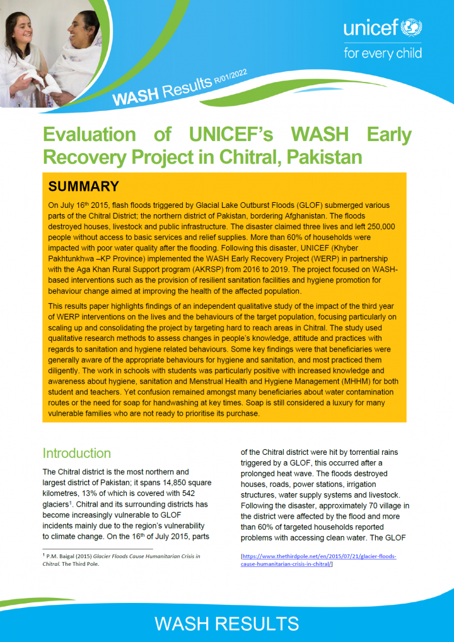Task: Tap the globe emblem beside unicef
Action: click(x=414, y=28)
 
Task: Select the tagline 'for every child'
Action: click(x=382, y=53)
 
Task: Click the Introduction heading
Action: click(x=76, y=453)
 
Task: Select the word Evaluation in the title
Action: click(x=89, y=134)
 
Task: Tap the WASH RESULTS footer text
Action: click(x=226, y=624)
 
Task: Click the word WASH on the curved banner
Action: click(x=134, y=96)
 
